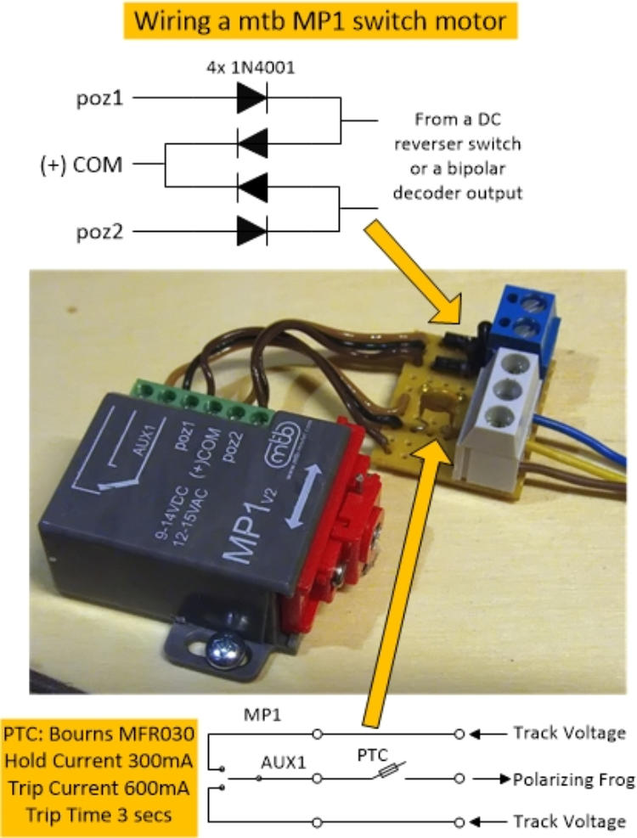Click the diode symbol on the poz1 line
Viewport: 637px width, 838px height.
click(x=252, y=98)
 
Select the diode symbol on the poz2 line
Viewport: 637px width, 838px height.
click(x=252, y=229)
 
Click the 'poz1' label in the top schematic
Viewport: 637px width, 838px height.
click(x=94, y=98)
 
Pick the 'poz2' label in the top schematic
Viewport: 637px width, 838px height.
click(x=94, y=230)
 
